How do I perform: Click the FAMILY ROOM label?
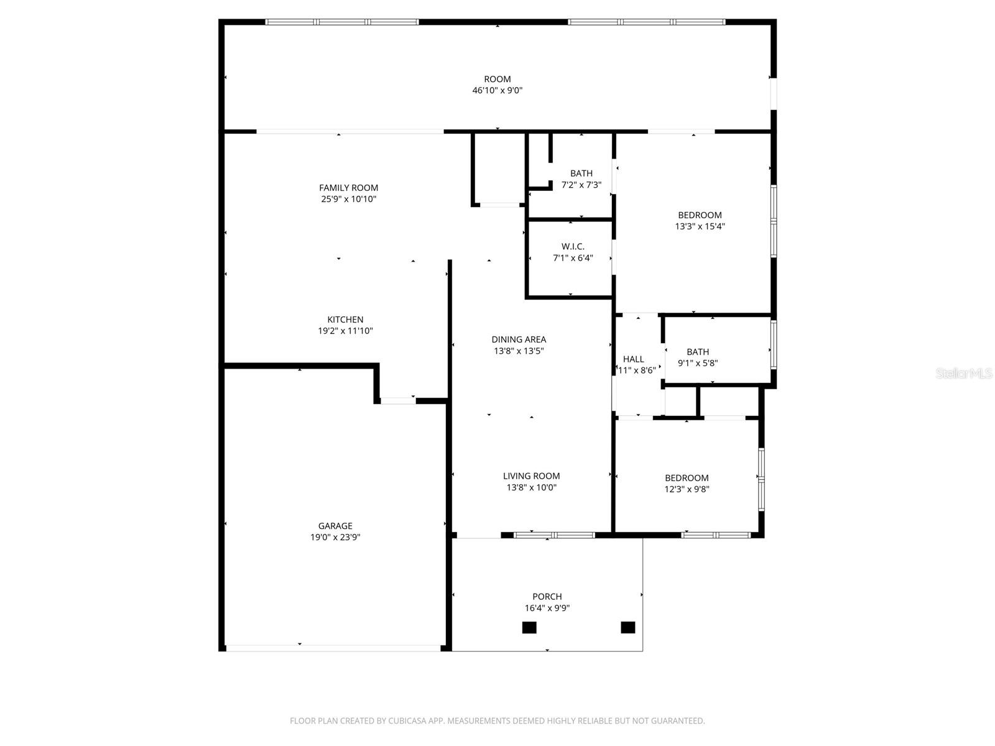point(348,188)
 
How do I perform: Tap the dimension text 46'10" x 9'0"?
point(497,91)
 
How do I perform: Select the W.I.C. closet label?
point(573,247)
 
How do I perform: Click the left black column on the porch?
point(529,627)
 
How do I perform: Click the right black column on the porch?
point(628,627)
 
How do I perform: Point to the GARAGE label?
point(335,526)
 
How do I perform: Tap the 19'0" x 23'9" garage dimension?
point(335,538)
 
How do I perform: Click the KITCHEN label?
point(345,320)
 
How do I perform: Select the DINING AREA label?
point(519,339)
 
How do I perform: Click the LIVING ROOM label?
point(531,476)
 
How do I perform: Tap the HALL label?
point(633,359)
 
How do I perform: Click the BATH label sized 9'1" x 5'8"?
point(698,352)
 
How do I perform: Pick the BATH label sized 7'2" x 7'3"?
point(581,173)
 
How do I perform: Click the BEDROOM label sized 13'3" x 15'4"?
point(700,215)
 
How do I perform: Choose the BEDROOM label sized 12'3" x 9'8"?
point(687,478)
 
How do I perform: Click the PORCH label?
point(547,597)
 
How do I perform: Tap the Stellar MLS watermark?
point(964,374)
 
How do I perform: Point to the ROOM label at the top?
point(497,79)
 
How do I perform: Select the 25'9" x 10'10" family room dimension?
point(348,200)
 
